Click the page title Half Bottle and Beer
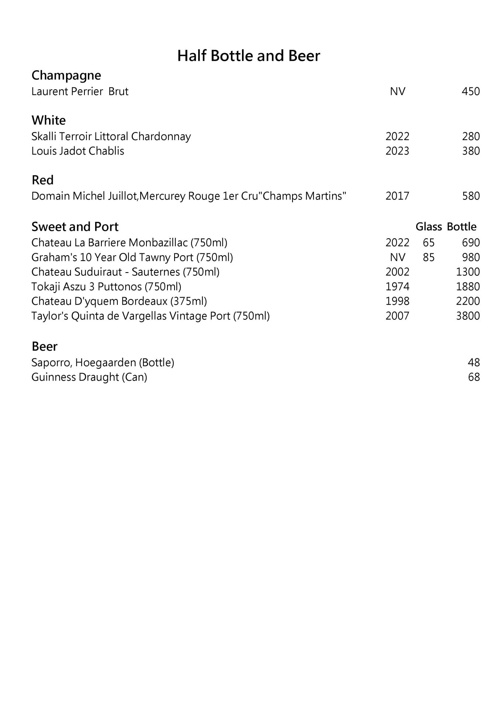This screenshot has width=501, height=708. pos(248,56)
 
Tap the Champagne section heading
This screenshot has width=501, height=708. pos(66,75)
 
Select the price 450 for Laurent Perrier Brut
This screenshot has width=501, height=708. pos(470,91)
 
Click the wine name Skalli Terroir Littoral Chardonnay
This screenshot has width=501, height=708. pos(111,136)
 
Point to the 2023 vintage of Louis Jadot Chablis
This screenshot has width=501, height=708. pos(397,151)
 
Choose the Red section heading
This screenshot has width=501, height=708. pos(42,180)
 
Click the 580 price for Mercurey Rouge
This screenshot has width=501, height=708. pos(471,196)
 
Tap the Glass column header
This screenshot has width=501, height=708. pos(428,226)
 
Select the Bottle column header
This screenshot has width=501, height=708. pos(461,226)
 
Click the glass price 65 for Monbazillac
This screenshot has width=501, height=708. pos(428,243)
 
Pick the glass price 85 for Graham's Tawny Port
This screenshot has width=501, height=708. pos(428,257)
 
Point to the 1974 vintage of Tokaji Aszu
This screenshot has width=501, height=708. pos(397,287)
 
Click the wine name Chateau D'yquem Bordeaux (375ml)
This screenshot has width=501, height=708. pos(119,301)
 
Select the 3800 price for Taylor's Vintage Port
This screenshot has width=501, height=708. pos(468,316)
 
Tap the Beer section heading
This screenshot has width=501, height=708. pos(44,346)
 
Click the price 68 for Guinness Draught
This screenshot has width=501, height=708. pos(474,377)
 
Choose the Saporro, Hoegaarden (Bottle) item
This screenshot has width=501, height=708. pos(103,363)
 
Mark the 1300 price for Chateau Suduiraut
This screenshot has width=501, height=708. pos(468,272)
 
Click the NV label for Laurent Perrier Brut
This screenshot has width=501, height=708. pos(397,91)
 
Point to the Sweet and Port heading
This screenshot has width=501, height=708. pos(75,226)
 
